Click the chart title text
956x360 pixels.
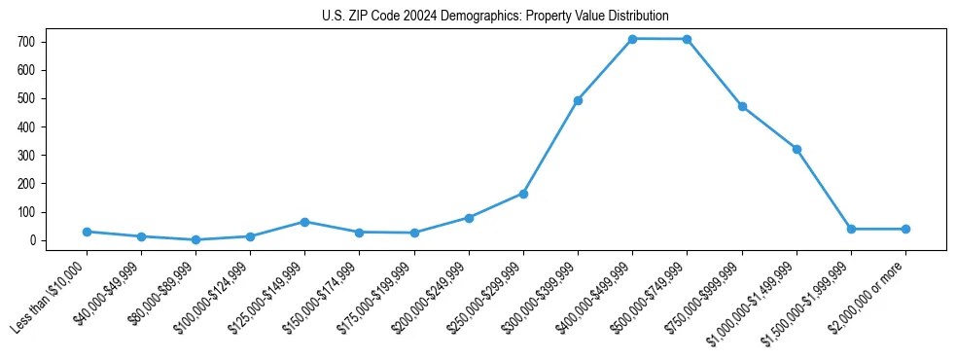(x=495, y=16)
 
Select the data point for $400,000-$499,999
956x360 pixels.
(x=632, y=39)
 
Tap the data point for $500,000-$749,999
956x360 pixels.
(x=687, y=39)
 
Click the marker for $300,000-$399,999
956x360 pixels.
(x=578, y=100)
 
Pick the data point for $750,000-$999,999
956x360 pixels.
(x=742, y=106)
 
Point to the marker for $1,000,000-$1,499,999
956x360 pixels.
(x=797, y=149)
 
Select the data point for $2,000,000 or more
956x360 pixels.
(x=905, y=229)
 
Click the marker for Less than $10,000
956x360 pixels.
(x=87, y=232)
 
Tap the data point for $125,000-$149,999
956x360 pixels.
(x=304, y=222)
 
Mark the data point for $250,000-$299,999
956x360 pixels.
(x=523, y=194)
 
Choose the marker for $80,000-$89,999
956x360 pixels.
(x=195, y=239)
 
